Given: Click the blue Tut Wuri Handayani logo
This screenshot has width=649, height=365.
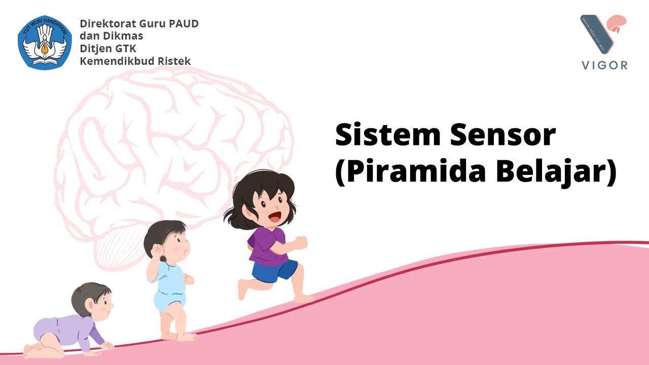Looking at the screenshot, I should (45, 42).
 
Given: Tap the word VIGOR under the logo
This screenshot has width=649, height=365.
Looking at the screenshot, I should (603, 65).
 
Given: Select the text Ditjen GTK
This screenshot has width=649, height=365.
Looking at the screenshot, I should (108, 49).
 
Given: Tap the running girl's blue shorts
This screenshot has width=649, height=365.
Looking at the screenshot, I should (274, 270).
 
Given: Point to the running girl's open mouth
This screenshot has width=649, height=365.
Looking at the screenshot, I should (274, 216).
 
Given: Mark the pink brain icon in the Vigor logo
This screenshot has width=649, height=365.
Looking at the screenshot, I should (618, 23).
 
